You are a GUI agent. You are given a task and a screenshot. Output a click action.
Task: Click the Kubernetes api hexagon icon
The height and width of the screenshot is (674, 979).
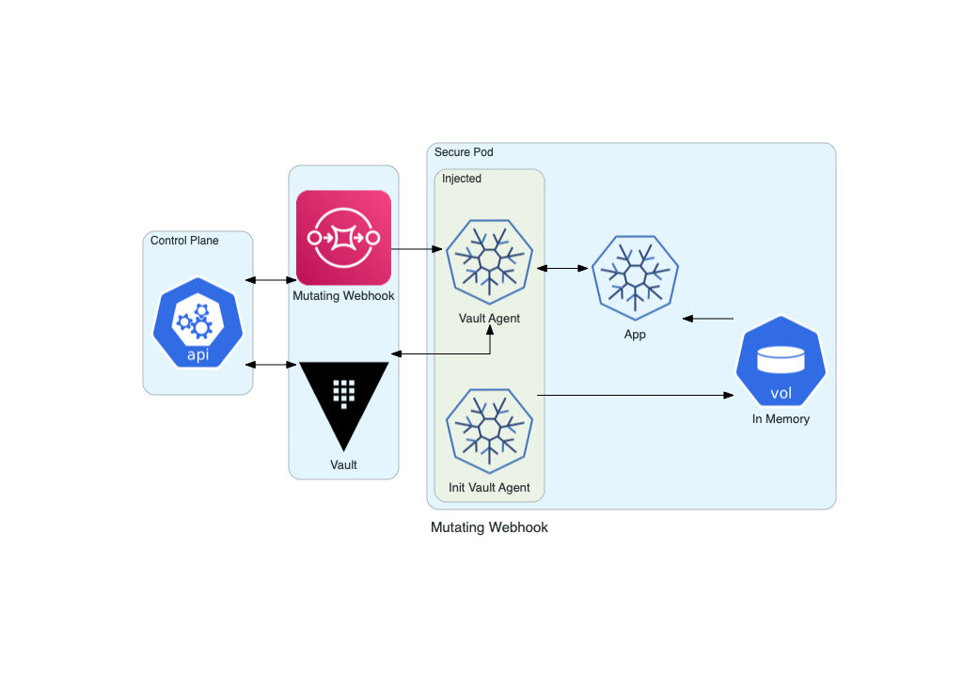click(197, 322)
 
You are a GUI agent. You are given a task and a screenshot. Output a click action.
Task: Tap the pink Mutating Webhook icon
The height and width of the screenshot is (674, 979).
click(343, 238)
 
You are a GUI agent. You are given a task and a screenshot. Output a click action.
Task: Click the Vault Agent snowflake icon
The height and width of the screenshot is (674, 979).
click(489, 261)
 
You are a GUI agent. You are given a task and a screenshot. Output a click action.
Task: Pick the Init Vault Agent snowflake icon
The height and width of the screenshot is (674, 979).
click(489, 431)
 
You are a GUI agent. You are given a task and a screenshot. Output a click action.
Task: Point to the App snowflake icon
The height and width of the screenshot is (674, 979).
click(635, 277)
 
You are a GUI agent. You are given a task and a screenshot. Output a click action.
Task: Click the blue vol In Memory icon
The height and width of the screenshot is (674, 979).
click(782, 361)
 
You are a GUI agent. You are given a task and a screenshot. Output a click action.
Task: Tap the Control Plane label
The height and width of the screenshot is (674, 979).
click(184, 241)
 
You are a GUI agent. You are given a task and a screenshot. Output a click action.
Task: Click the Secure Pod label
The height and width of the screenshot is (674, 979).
click(464, 152)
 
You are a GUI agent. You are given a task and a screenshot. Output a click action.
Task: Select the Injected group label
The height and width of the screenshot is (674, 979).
click(462, 179)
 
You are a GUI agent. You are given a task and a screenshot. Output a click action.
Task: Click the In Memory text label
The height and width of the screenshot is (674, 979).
click(781, 418)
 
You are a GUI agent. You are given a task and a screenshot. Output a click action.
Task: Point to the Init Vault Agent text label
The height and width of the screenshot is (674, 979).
click(489, 487)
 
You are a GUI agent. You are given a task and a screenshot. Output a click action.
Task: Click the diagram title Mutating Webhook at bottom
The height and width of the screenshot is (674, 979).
click(489, 527)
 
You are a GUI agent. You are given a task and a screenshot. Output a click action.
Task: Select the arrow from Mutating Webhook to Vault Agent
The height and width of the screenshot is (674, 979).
click(417, 249)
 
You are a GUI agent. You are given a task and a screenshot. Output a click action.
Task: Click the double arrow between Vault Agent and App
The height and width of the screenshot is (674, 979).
click(562, 268)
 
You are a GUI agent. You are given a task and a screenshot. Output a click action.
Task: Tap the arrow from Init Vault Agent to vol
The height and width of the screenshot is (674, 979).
click(636, 395)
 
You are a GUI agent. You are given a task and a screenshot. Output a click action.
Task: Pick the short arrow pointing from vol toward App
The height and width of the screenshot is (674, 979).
click(708, 319)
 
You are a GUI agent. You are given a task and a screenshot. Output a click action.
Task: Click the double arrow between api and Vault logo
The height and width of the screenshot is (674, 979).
click(271, 365)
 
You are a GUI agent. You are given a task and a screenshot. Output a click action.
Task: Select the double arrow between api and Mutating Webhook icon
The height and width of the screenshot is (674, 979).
click(271, 280)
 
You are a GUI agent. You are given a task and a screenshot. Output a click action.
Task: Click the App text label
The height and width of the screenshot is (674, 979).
click(635, 335)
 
